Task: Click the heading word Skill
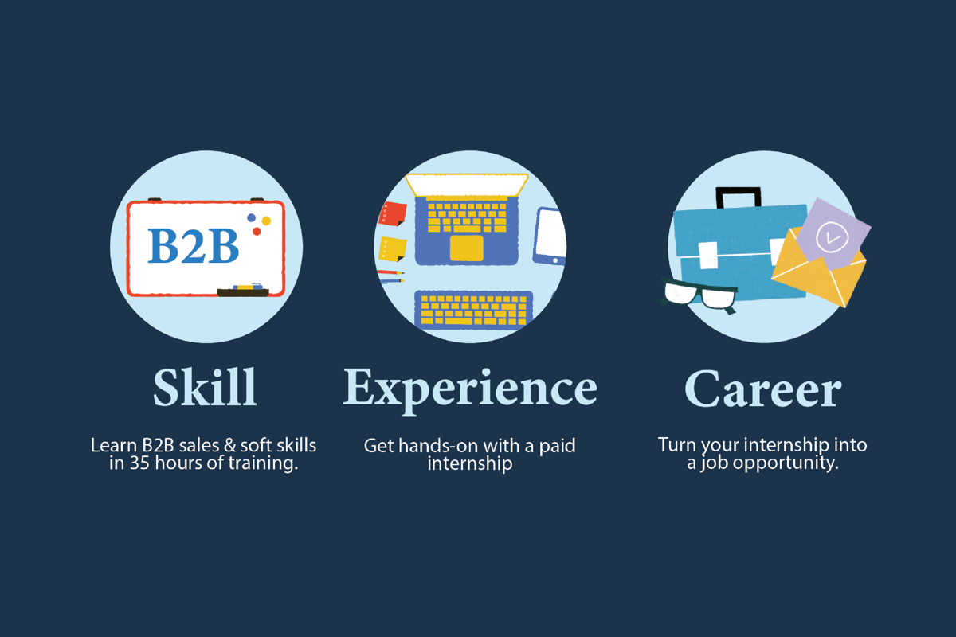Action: pyautogui.click(x=206, y=387)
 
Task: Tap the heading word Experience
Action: pyautogui.click(x=470, y=390)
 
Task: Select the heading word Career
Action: pyautogui.click(x=763, y=389)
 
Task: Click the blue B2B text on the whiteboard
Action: pyautogui.click(x=193, y=246)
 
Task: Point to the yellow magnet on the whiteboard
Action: pyautogui.click(x=266, y=221)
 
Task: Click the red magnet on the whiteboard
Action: pyautogui.click(x=257, y=231)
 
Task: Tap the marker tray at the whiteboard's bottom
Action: pyautogui.click(x=243, y=292)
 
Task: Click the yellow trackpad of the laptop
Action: pyautogui.click(x=467, y=248)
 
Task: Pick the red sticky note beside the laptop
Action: pyautogui.click(x=392, y=213)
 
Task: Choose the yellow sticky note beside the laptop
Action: pyautogui.click(x=392, y=248)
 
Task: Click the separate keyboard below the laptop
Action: pyautogui.click(x=474, y=310)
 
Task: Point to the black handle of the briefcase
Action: pyautogui.click(x=739, y=195)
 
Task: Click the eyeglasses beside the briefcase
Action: pyautogui.click(x=699, y=295)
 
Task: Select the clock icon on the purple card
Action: pyautogui.click(x=832, y=237)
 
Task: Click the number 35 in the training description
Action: pyautogui.click(x=139, y=463)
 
